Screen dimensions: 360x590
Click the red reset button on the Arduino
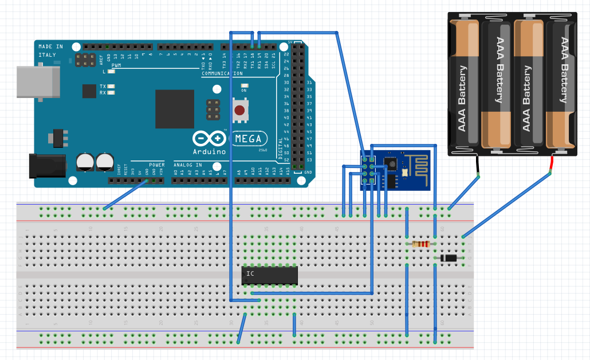click(239, 110)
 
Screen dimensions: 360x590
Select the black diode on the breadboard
click(449, 259)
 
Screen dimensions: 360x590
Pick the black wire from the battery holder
click(477, 166)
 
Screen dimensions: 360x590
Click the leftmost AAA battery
click(463, 83)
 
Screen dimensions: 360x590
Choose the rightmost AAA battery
click(560, 83)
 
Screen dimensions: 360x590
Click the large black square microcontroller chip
click(175, 109)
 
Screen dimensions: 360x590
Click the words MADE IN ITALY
click(50, 50)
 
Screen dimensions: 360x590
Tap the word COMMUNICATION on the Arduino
click(222, 73)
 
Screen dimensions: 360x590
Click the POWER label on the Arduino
click(156, 165)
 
